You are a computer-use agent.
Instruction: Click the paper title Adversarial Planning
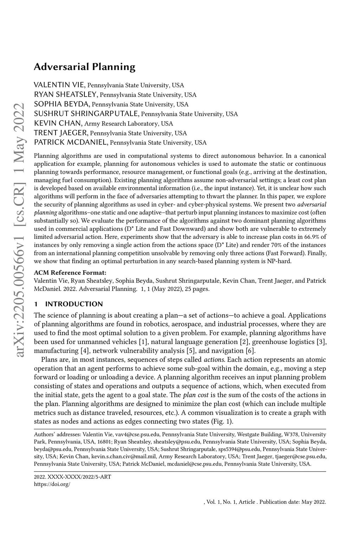pos(84,67)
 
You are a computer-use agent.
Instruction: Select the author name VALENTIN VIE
pos(59,85)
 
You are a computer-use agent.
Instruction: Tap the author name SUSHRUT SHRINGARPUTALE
pos(86,114)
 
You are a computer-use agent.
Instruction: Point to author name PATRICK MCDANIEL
pos(71,143)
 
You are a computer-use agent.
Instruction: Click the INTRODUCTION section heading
pos(74,304)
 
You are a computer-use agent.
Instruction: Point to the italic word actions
pos(214,360)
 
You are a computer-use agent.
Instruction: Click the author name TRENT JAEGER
pos(61,133)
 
